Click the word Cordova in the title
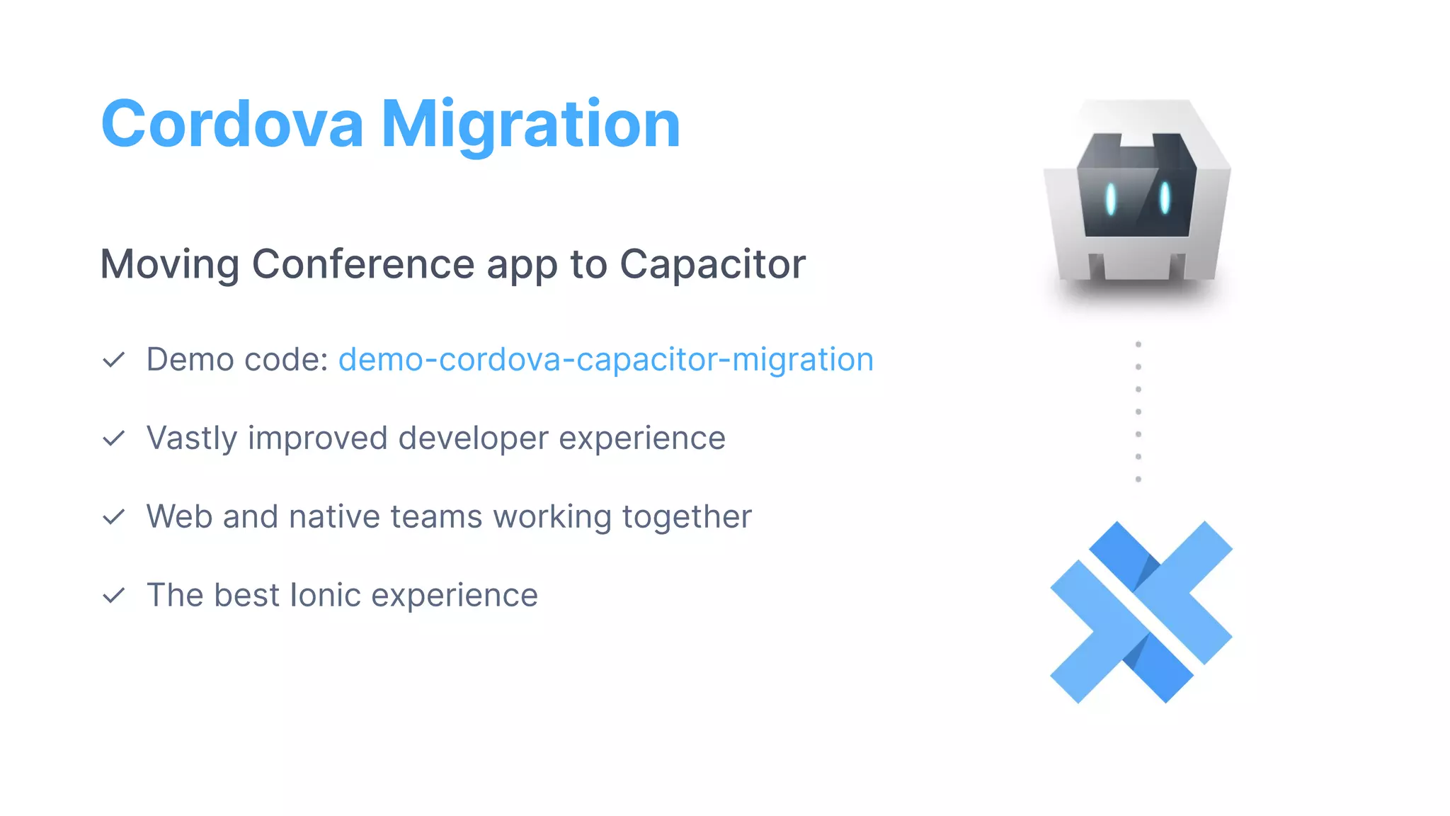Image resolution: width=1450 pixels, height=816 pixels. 232,125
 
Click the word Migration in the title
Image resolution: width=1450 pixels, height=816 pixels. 531,125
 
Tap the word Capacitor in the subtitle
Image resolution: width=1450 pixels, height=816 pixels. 712,264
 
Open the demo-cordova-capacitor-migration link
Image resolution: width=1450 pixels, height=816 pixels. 606,360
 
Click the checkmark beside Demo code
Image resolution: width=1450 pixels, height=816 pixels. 114,361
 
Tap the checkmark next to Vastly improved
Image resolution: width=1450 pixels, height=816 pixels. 114,439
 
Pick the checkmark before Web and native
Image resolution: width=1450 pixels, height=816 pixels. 114,518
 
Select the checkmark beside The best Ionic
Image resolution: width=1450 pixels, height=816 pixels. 114,596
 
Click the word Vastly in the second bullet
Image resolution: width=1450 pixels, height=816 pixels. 191,438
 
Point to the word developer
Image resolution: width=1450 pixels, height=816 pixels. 473,438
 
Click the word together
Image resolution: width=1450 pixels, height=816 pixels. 687,517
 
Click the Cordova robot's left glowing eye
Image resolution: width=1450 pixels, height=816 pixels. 1111,199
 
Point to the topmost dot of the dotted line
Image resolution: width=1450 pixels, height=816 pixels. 1138,344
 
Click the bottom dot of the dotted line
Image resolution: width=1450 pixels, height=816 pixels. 1138,480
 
